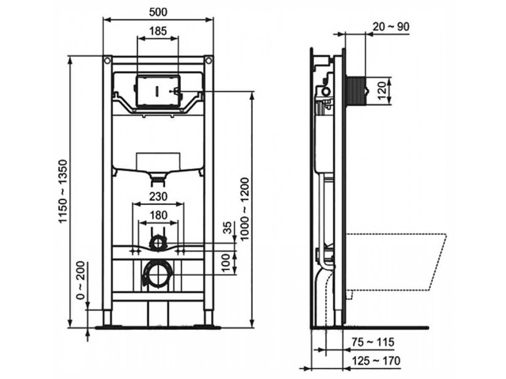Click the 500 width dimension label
[158, 12]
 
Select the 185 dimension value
[158, 31]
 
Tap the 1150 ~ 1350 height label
[63, 192]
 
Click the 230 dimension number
[158, 197]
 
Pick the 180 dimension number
[159, 215]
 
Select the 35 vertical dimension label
[228, 228]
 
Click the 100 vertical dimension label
[227, 263]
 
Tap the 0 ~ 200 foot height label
[81, 280]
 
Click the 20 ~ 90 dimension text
[391, 27]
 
